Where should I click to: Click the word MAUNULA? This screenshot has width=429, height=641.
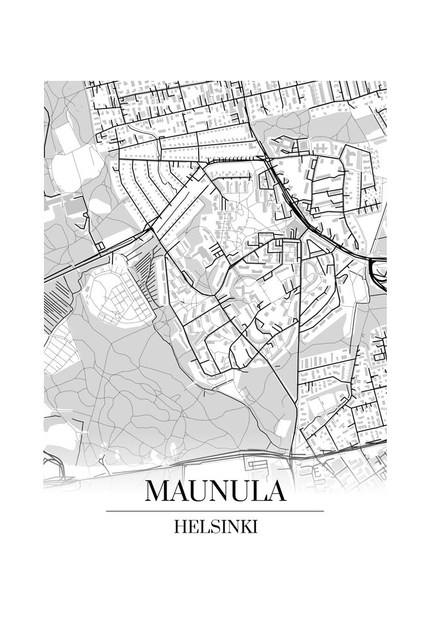[215, 490]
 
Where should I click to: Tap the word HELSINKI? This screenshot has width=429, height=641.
[215, 527]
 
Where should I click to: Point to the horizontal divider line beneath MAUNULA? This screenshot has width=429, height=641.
[215, 512]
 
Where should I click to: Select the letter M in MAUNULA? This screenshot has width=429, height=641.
[156, 490]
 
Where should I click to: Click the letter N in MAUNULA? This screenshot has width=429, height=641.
[215, 490]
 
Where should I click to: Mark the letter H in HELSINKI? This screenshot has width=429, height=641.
[181, 527]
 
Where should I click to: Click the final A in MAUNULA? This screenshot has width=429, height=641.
[274, 490]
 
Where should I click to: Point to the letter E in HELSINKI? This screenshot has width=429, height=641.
[193, 527]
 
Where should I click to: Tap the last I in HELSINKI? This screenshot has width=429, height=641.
[254, 527]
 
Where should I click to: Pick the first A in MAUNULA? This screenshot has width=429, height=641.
[176, 490]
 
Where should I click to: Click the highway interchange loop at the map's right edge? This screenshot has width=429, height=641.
[378, 272]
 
